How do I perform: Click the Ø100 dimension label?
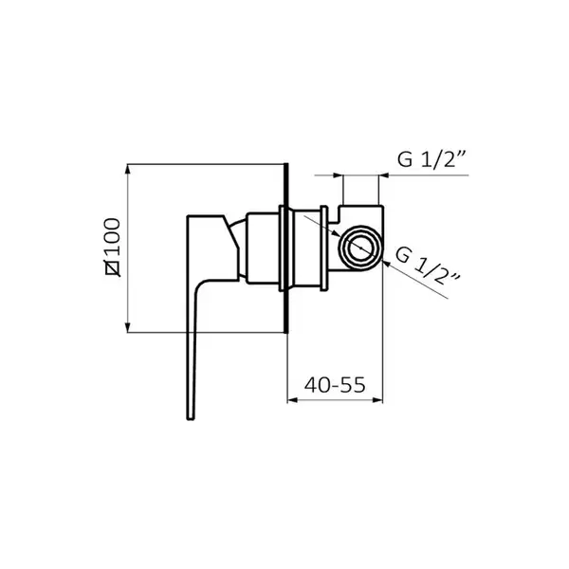(113, 248)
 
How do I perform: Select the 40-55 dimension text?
(335, 385)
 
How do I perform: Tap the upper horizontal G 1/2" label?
(431, 158)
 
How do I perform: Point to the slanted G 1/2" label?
(428, 266)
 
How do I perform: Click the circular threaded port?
(360, 248)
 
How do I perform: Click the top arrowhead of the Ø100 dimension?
(127, 170)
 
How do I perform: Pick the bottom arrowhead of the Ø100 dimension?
(127, 327)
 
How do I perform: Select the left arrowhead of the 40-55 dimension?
(292, 400)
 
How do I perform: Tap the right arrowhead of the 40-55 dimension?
(377, 400)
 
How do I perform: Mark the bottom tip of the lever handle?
(191, 419)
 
